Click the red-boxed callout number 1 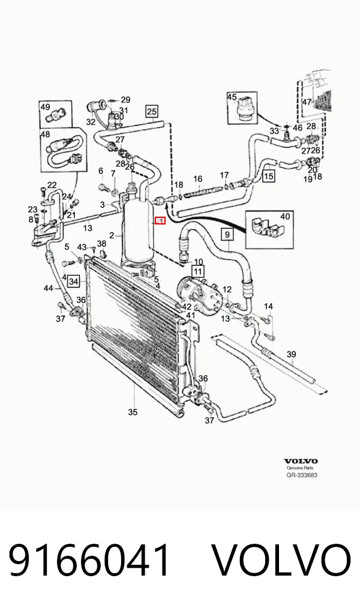point(161,221)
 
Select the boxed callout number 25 point(152,112)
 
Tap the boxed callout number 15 point(268,176)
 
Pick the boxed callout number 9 point(227,235)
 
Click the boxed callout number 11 point(198,271)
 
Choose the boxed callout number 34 point(73,280)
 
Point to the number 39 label point(291,354)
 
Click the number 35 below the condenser point(133,412)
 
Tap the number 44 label point(48,288)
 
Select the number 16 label point(198,179)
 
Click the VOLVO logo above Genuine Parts point(301,462)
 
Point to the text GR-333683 point(302,475)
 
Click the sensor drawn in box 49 point(55,115)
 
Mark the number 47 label point(307,101)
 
